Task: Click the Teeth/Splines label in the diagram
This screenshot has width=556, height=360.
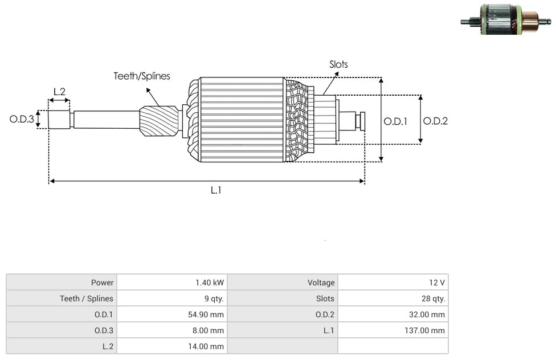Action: pos(141,76)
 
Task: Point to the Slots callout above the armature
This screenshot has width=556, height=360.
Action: pos(338,64)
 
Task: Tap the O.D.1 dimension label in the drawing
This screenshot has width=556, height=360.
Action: pos(395,121)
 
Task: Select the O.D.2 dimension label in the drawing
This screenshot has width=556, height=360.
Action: pos(435,121)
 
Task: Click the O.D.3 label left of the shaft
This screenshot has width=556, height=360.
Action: pos(22,120)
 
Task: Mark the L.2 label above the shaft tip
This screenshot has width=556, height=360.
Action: pos(59,92)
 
